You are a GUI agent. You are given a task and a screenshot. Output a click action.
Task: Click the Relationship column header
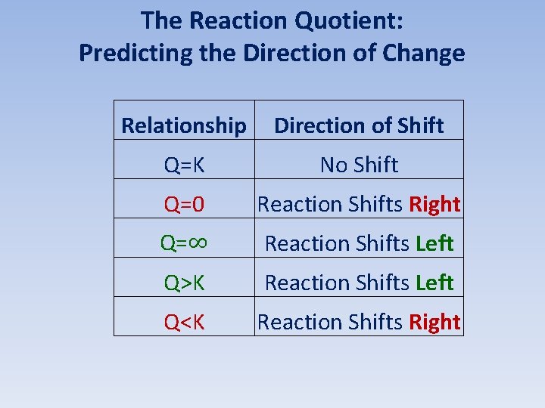coord(184,125)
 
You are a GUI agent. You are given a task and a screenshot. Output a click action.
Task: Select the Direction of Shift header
coord(359,125)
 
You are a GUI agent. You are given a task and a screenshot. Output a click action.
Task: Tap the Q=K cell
coord(184,165)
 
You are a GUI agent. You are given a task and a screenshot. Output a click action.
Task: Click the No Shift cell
coord(359,165)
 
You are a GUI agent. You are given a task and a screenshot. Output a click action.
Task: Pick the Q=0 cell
coord(184,204)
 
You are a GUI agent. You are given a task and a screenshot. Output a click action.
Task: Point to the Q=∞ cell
coord(184,243)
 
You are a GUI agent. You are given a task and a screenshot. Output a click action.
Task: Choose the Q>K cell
coord(184,283)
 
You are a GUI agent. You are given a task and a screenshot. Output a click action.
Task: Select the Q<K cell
coord(184,322)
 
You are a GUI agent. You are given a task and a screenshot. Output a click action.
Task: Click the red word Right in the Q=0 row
coord(434,204)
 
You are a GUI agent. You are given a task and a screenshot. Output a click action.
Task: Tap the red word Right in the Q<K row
coord(434,322)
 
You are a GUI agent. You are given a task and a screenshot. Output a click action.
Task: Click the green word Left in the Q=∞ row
coord(434,243)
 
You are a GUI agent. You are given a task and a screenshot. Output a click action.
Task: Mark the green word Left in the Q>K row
coord(434,283)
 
